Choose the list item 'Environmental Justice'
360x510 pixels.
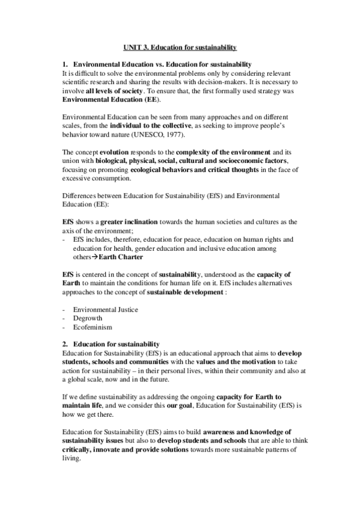pyautogui.click(x=105, y=309)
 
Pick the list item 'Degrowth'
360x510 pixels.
pyautogui.click(x=88, y=318)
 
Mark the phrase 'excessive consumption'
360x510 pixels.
pyautogui.click(x=92, y=179)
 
